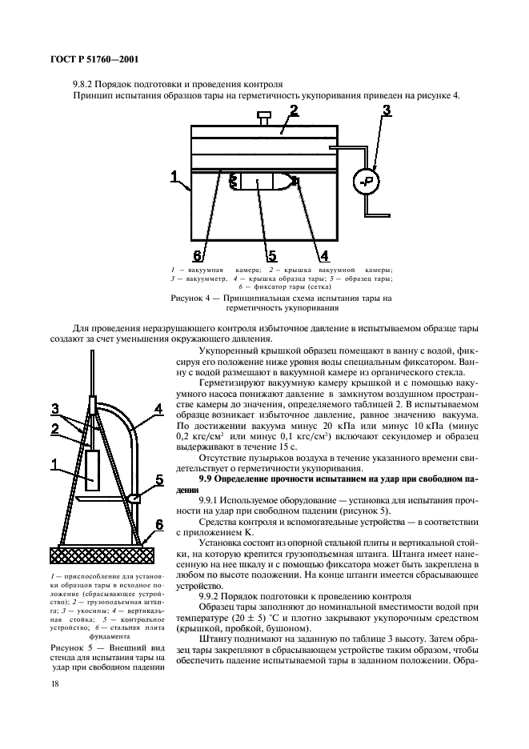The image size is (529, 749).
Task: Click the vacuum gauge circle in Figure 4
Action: (x=366, y=181)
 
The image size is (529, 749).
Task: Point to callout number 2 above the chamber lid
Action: (x=294, y=110)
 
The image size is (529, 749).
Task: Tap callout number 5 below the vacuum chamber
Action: (x=271, y=255)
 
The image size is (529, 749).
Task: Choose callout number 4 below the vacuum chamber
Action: (x=323, y=255)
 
